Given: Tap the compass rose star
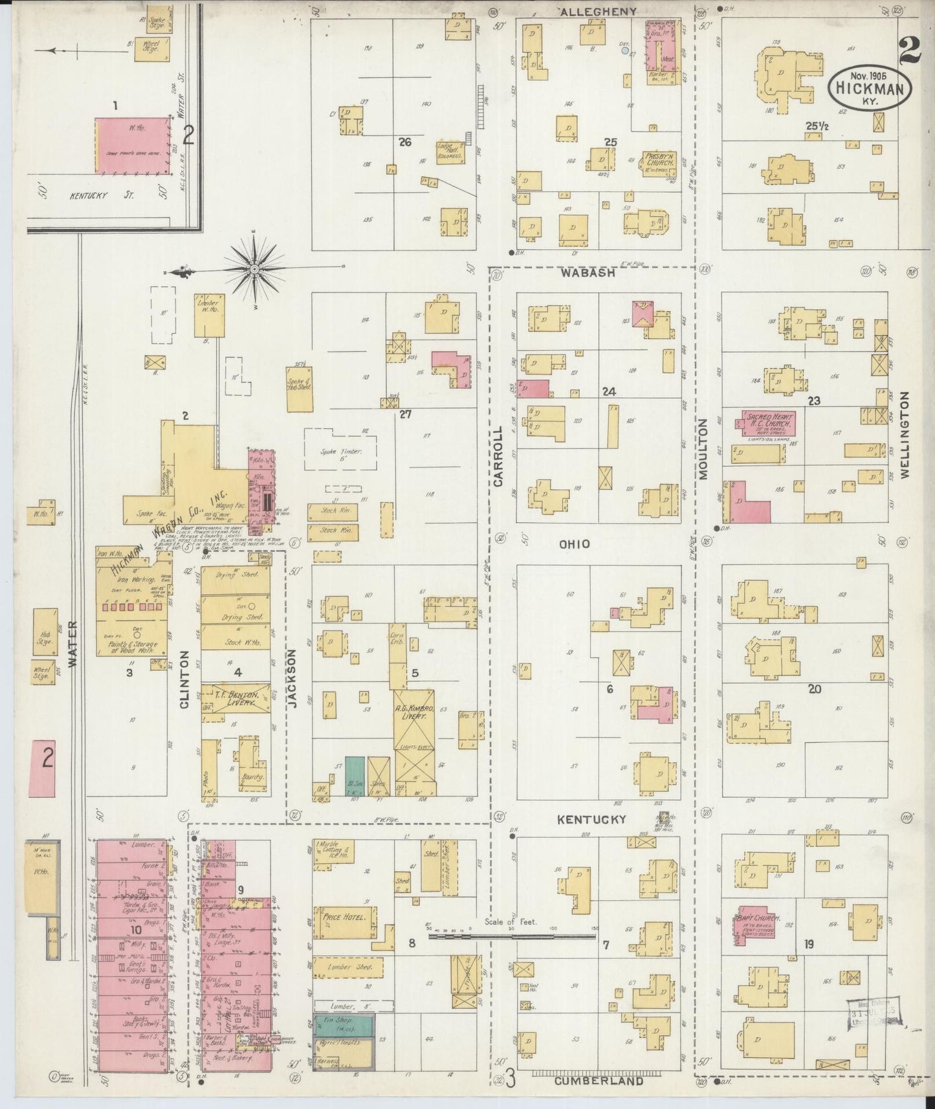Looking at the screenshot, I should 254,268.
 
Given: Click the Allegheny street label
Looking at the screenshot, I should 599,12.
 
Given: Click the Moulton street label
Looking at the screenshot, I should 703,449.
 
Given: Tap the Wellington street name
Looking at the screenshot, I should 905,434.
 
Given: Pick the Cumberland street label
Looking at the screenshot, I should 598,1081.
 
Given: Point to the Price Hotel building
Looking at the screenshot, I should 344,922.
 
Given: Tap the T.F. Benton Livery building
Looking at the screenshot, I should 236,697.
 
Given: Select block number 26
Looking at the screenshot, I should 405,142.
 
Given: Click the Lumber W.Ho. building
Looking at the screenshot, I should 209,315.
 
